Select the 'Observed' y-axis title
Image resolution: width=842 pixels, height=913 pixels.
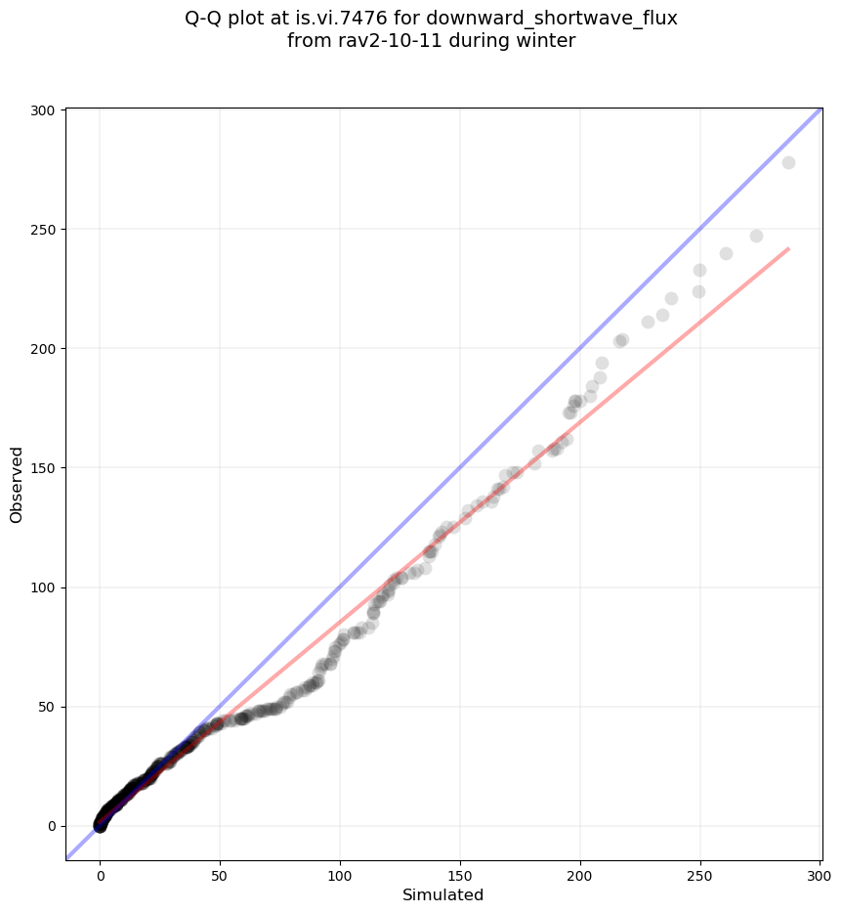pyautogui.click(x=17, y=484)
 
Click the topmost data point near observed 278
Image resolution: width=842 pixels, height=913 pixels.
pyautogui.click(x=788, y=162)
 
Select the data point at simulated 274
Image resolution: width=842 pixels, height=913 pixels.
pyautogui.click(x=756, y=236)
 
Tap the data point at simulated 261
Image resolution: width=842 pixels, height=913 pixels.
pyautogui.click(x=726, y=253)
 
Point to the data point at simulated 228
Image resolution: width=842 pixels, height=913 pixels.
pyautogui.click(x=648, y=322)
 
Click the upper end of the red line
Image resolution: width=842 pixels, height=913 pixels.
pyautogui.click(x=788, y=248)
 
